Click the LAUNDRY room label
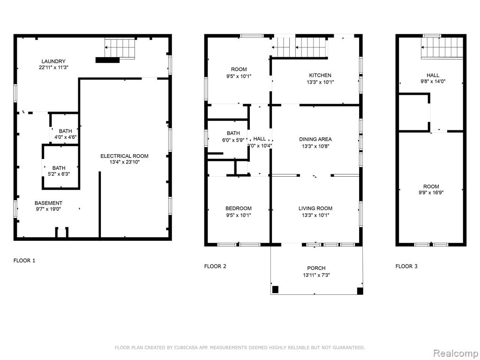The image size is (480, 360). tap(53, 61)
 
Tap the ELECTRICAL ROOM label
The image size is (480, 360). tap(124, 156)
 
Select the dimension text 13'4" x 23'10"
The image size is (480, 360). tap(125, 162)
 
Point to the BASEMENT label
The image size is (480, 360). tap(48, 203)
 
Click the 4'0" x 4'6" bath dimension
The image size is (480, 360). tap(65, 137)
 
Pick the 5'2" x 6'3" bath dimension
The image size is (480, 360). tap(59, 174)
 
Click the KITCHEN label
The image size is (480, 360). tap(320, 75)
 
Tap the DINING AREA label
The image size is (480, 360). tap(315, 139)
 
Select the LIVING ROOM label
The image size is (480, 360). tap(315, 208)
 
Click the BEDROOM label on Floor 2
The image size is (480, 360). tap(239, 208)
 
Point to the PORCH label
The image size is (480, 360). tap(316, 268)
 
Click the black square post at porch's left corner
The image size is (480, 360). tap(275, 289)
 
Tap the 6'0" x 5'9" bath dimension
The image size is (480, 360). tap(233, 140)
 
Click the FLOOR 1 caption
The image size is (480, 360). tap(24, 261)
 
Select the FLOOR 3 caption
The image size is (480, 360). tap(406, 266)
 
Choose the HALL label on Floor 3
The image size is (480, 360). tap(433, 75)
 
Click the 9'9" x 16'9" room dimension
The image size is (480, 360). tap(431, 193)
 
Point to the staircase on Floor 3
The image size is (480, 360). tap(442, 47)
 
